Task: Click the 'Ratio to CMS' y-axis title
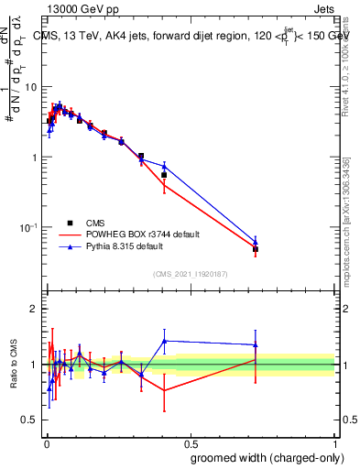(14, 364)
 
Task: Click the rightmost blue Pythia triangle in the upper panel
(256, 242)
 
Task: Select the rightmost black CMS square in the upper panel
(256, 249)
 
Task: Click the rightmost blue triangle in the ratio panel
(256, 345)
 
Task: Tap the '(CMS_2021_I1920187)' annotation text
(190, 273)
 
